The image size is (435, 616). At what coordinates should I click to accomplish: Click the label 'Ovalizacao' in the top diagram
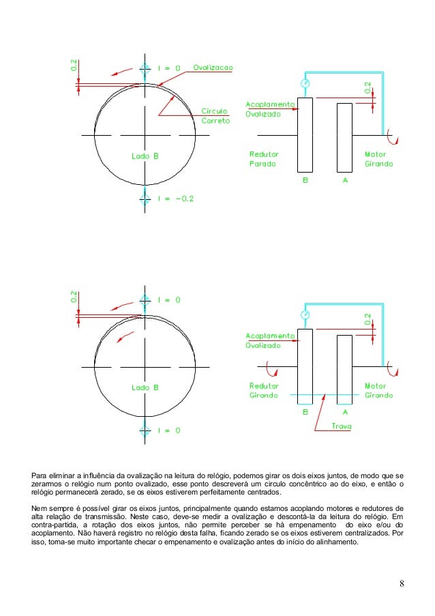pyautogui.click(x=213, y=68)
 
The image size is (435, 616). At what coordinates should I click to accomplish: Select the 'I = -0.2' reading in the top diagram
pyautogui.click(x=175, y=199)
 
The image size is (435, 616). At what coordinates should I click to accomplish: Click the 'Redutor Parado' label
pyautogui.click(x=264, y=160)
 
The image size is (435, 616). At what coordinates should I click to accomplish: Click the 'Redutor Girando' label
pyautogui.click(x=264, y=390)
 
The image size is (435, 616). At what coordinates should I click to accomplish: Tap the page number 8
pyautogui.click(x=402, y=583)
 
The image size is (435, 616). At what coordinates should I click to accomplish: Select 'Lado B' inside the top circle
pyautogui.click(x=145, y=156)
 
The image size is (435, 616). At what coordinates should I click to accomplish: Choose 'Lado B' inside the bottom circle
pyautogui.click(x=145, y=387)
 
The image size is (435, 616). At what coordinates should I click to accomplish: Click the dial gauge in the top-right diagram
pyautogui.click(x=305, y=83)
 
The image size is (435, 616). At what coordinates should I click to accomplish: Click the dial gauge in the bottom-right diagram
pyautogui.click(x=305, y=314)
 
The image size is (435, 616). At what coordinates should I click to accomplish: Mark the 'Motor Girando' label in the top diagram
pyautogui.click(x=378, y=160)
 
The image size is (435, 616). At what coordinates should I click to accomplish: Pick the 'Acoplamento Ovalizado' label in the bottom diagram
pyautogui.click(x=270, y=340)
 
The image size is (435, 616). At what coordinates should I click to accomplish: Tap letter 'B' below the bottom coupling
pyautogui.click(x=305, y=412)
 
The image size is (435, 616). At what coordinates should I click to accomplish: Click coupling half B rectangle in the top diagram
pyautogui.click(x=305, y=134)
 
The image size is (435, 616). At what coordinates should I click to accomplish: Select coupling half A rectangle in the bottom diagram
pyautogui.click(x=344, y=367)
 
